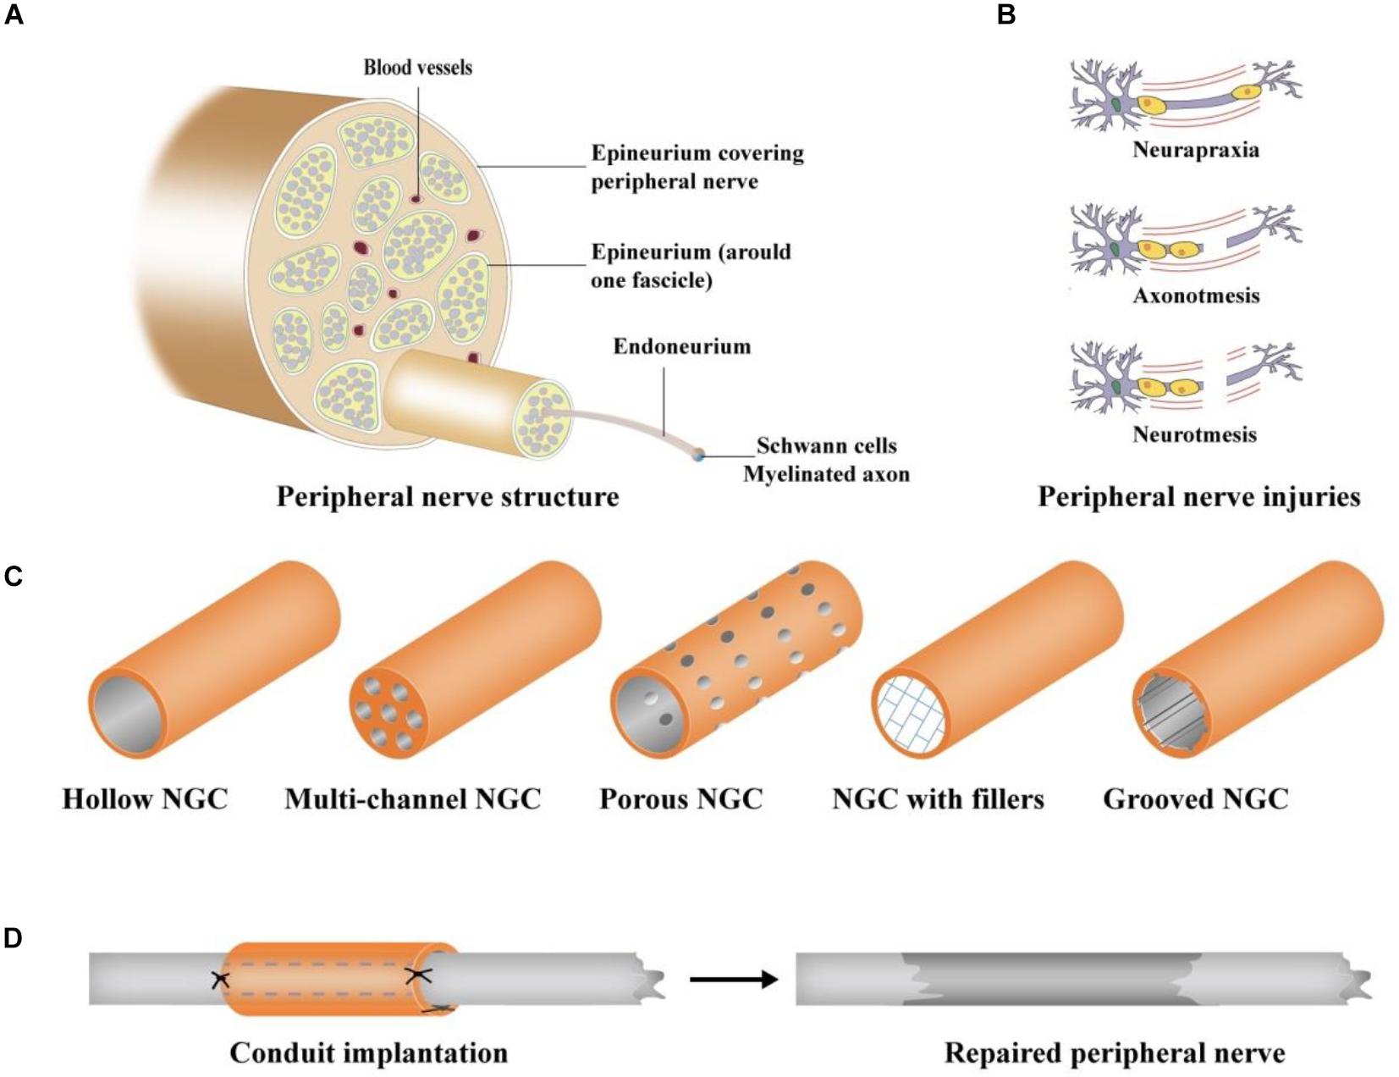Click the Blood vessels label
point(417,68)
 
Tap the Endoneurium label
point(681,346)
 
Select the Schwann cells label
point(826,446)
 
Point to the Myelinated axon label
point(826,474)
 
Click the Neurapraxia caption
point(1195,151)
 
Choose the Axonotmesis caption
point(1195,295)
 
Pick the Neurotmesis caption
point(1194,435)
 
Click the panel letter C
point(14,576)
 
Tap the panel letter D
point(14,938)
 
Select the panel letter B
point(1006,14)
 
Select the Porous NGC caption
point(680,799)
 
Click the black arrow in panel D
point(733,980)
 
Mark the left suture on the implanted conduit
point(220,980)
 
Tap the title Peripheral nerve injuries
point(1198,497)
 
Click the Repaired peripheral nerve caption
point(1114,1053)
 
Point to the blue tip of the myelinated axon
point(697,456)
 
